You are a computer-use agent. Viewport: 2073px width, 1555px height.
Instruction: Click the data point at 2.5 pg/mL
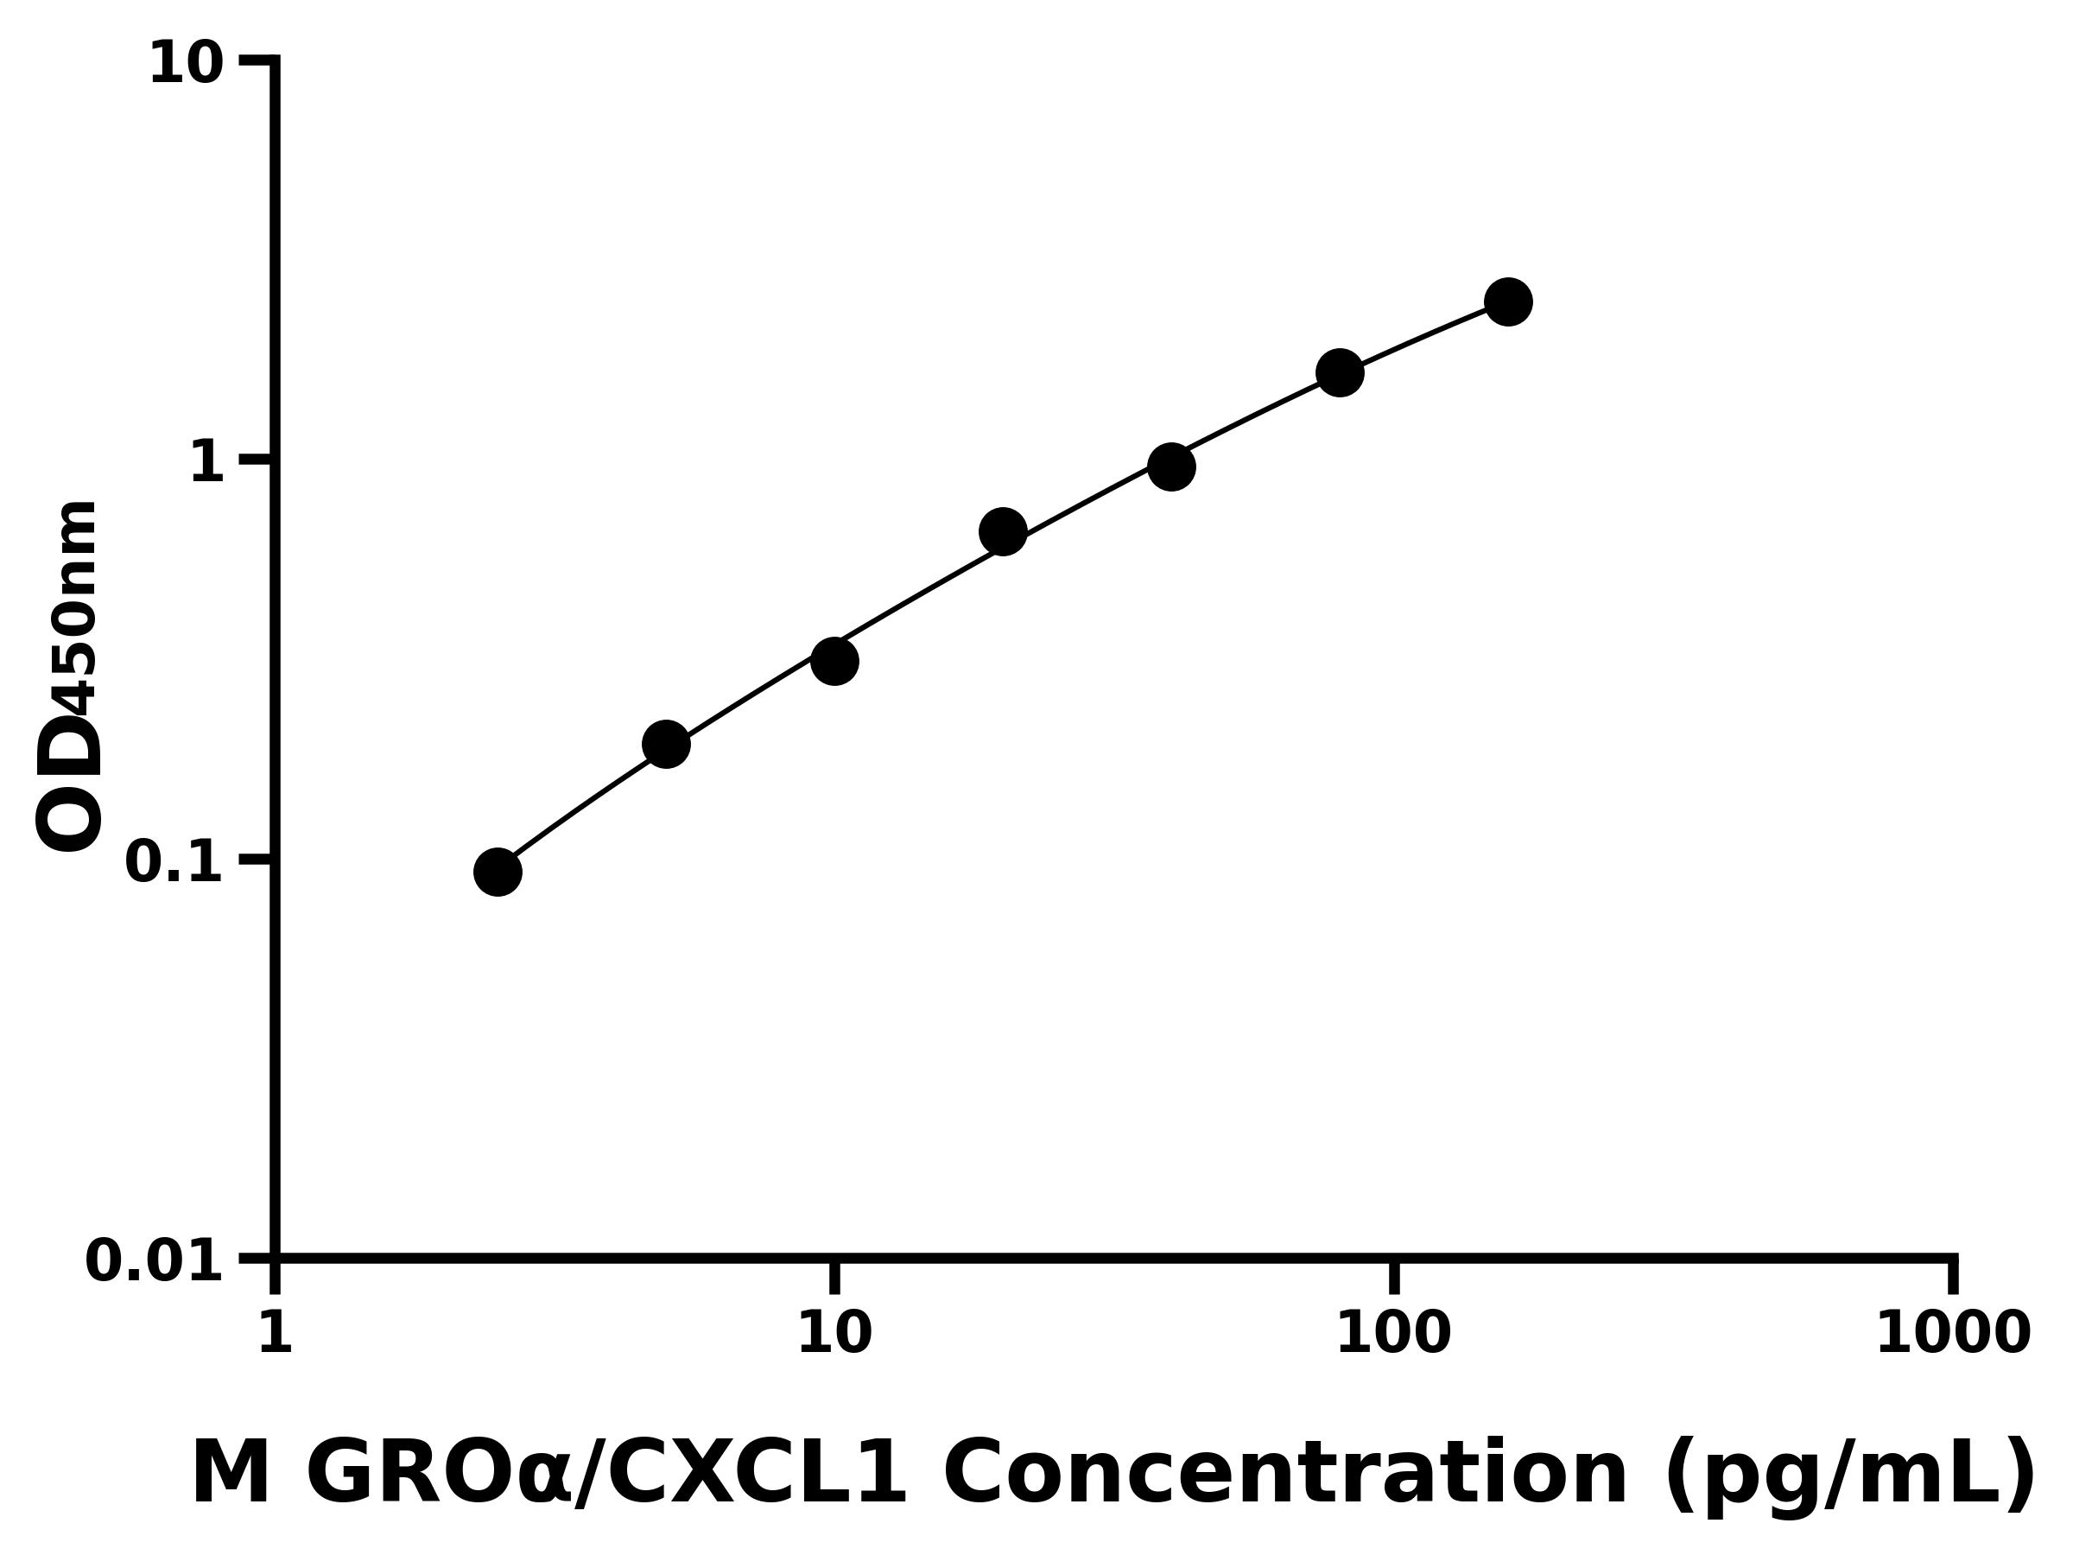point(498,873)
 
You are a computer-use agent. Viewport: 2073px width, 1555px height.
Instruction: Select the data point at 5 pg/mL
point(665,744)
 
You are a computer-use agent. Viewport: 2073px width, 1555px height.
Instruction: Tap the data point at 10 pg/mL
point(834,662)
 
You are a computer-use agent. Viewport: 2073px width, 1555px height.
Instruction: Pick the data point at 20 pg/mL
point(1003,532)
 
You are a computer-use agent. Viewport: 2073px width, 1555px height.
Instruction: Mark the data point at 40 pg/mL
point(1170,466)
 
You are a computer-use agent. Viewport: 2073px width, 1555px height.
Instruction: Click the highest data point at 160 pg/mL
point(1508,301)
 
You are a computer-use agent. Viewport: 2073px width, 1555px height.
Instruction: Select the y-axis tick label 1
point(207,463)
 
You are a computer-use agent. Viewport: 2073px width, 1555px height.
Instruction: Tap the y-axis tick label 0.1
point(174,862)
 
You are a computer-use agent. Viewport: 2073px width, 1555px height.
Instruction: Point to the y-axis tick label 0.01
point(155,1261)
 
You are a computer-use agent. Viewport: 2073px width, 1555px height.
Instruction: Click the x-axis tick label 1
point(275,1333)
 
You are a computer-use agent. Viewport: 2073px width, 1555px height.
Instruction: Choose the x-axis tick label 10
point(834,1333)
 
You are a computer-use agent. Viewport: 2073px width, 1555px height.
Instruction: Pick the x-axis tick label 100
point(1393,1333)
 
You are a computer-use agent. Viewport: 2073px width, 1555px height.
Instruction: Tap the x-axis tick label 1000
point(1952,1333)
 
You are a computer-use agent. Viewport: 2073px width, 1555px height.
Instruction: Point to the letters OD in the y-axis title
point(67,784)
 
